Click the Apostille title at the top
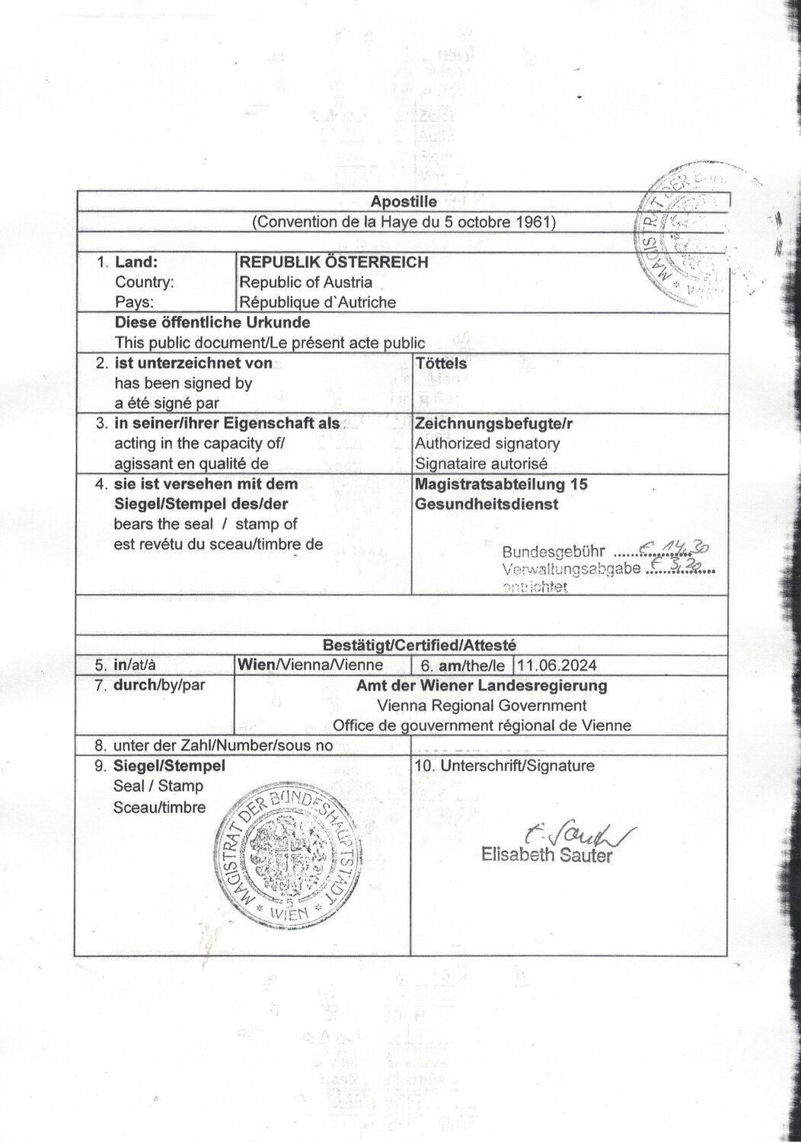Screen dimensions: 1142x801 point(404,202)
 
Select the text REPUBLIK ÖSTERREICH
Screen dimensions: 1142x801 point(333,263)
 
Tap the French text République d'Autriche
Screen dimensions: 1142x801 point(318,302)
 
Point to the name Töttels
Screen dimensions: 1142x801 point(441,363)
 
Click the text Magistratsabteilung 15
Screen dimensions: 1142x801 point(501,483)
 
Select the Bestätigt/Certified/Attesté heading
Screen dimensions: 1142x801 point(403,645)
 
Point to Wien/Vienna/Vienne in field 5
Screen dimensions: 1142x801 point(311,665)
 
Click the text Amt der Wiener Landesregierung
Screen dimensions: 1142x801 point(482,685)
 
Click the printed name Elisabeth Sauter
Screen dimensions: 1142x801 point(547,855)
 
